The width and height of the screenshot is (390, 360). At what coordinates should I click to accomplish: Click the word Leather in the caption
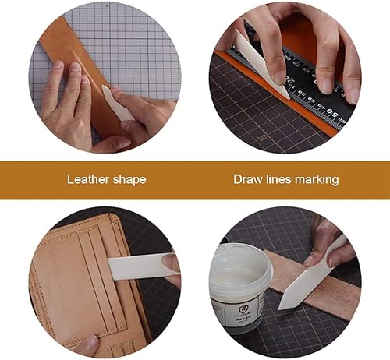pos(88,179)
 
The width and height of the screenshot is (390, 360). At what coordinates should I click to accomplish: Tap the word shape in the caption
pos(129,180)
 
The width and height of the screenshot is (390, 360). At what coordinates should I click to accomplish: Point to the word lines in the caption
pos(279,179)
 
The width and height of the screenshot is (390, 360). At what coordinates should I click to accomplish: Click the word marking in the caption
pos(317,180)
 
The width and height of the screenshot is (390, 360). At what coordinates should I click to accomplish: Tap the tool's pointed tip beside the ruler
pos(288,97)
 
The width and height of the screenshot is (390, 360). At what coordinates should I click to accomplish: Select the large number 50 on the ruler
pos(331,112)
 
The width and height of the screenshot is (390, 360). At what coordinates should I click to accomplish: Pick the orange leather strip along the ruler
pos(275,91)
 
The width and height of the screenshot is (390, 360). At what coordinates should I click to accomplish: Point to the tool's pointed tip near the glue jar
pos(279,308)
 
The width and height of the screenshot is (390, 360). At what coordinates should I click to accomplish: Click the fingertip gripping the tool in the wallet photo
pos(171,263)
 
